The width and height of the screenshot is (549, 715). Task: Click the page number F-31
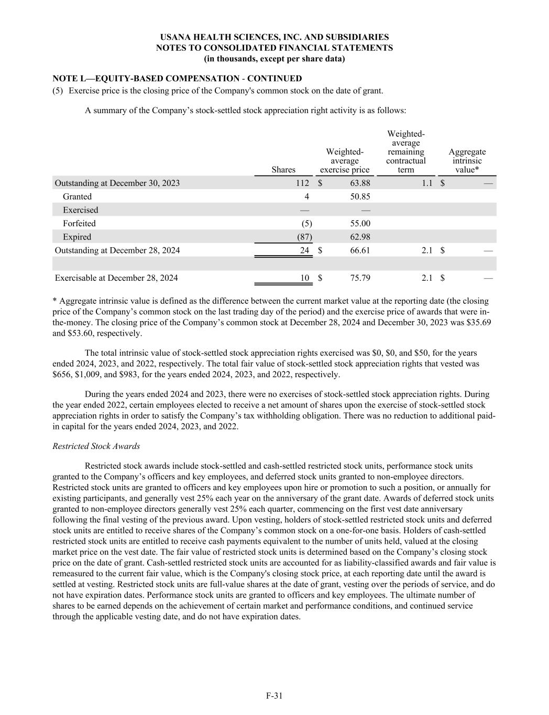coord(274,696)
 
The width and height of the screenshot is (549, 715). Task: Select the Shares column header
coord(283,170)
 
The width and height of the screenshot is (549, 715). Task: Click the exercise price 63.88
coord(359,183)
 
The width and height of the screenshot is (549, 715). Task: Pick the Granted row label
coord(77,196)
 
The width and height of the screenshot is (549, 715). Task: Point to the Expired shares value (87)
coord(304,237)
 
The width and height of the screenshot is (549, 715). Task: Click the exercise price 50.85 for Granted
coord(359,196)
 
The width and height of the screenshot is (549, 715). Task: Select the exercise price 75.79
coord(359,278)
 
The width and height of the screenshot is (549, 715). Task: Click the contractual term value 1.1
coord(427,183)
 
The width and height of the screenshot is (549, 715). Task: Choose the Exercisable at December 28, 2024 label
coord(116,278)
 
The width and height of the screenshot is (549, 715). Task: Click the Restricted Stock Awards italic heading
coord(96,446)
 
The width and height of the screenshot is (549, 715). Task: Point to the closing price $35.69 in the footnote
coord(479,323)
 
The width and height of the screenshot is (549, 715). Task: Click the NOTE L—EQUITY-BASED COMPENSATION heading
coord(177,79)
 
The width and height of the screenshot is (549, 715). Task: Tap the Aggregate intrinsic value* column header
coord(467,161)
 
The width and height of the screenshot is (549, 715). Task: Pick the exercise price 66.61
coord(359,250)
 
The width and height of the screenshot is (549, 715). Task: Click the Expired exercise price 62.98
coord(359,237)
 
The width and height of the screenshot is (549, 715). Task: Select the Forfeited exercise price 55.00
coord(359,224)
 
